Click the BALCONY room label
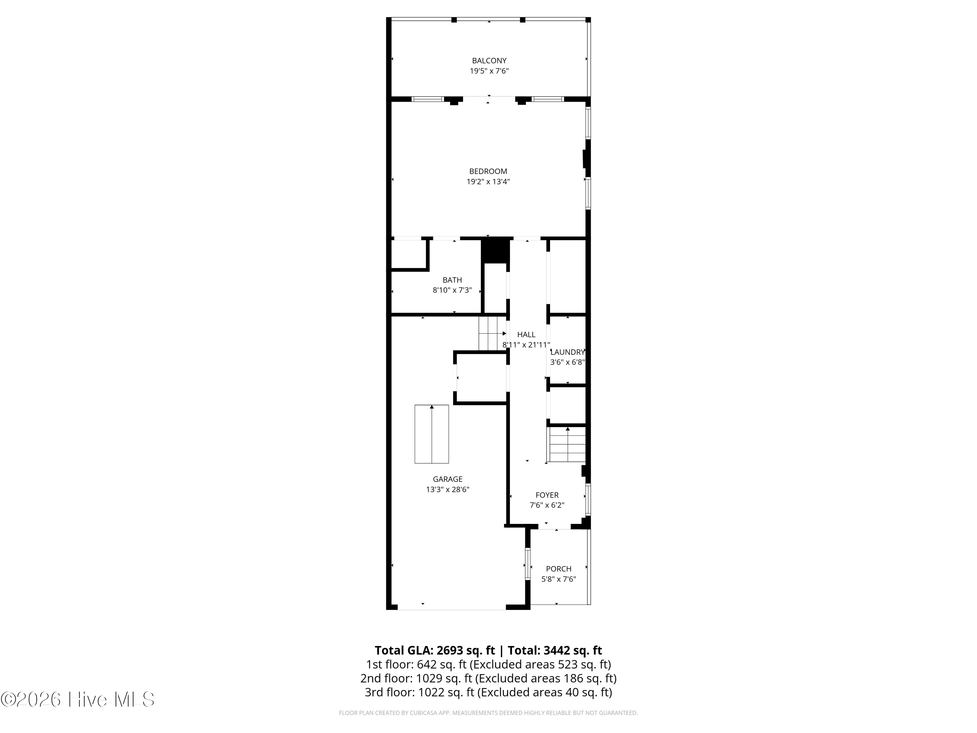489,61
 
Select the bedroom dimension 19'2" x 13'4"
488,181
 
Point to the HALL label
526,335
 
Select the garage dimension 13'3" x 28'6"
447,490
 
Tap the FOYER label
547,495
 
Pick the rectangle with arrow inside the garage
432,434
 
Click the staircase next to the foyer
567,445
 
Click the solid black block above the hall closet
495,250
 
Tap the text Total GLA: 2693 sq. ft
435,650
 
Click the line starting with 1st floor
488,665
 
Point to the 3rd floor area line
488,692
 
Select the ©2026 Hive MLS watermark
78,699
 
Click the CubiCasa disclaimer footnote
488,713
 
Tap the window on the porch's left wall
527,564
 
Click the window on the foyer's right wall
588,500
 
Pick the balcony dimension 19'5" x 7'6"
489,71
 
